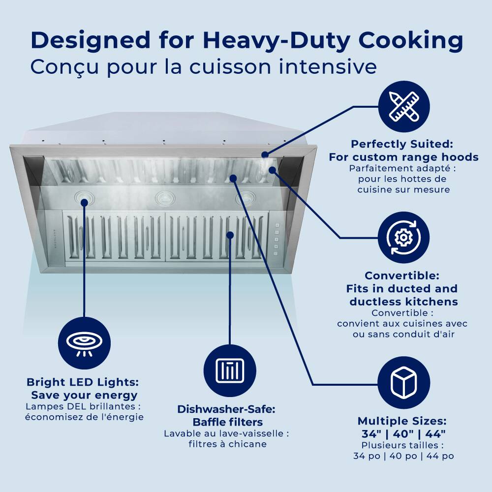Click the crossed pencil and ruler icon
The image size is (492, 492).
coord(403,107)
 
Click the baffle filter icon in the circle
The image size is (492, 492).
coord(230,370)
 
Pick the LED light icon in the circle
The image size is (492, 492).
coord(84,342)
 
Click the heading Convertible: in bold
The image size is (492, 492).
coord(402,276)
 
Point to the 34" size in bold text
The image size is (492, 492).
coord(372,434)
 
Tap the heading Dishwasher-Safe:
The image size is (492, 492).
coord(226,409)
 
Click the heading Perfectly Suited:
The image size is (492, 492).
coord(401,144)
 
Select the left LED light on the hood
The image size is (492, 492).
coord(84,198)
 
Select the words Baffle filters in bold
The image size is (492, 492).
coord(228,422)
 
